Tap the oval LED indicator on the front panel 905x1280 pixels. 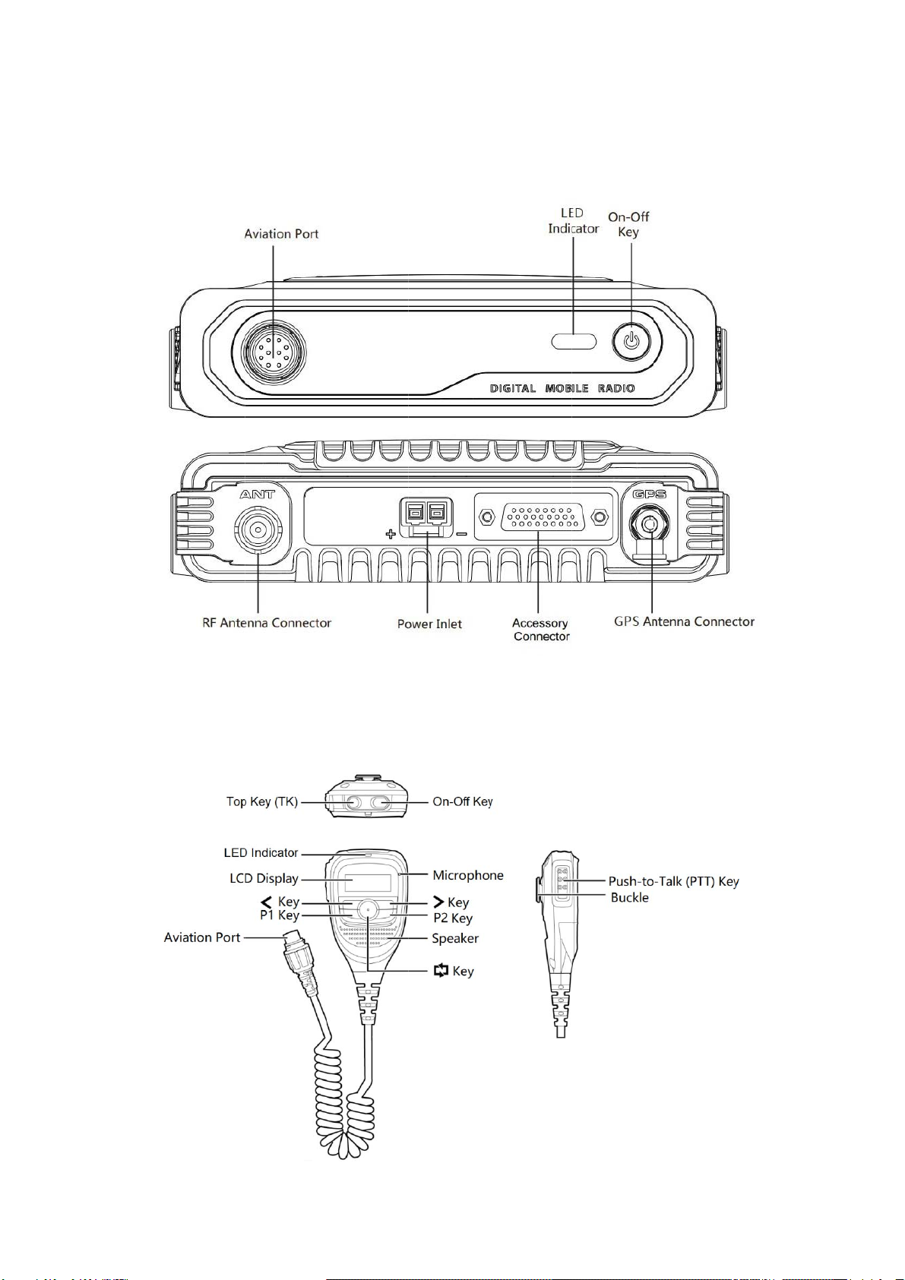click(x=574, y=340)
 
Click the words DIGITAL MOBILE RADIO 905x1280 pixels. click(x=562, y=388)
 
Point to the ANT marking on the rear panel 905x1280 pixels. click(x=258, y=494)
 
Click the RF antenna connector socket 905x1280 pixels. click(x=258, y=529)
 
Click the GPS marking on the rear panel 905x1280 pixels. click(x=650, y=494)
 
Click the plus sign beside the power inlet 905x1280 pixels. click(x=391, y=534)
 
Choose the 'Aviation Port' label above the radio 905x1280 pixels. click(x=281, y=234)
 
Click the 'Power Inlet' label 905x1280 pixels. click(x=429, y=624)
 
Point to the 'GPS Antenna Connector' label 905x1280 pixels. click(x=684, y=621)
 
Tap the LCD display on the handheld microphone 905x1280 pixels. click(x=368, y=883)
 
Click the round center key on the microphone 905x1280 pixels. click(x=368, y=909)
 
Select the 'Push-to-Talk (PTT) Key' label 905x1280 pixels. click(x=673, y=881)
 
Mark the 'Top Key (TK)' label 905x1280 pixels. click(x=262, y=801)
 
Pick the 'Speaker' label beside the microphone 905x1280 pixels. click(x=455, y=938)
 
